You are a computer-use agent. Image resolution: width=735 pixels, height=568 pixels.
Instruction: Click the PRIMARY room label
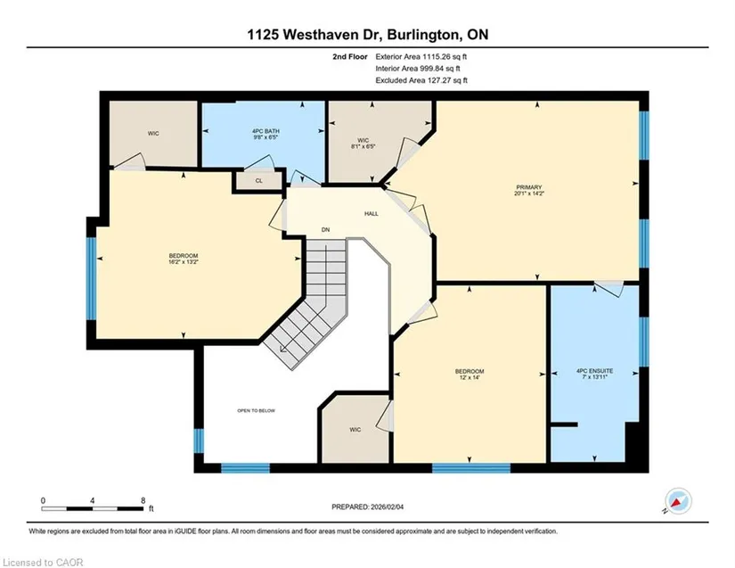tap(529, 187)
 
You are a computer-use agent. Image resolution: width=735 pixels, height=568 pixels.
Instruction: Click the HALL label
tap(372, 214)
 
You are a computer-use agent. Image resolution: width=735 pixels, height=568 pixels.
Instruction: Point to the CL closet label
tap(259, 181)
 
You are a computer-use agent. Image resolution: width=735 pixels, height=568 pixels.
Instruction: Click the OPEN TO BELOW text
tap(256, 411)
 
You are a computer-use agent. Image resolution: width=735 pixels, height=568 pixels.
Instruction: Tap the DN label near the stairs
tap(325, 230)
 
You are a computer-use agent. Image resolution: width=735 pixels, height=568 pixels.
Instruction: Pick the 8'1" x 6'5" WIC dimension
tap(363, 146)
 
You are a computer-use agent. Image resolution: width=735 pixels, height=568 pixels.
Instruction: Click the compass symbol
tap(678, 501)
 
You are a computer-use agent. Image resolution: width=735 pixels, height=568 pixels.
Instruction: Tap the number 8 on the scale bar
tap(143, 500)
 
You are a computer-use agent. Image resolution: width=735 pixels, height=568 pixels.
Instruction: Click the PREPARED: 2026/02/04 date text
tap(367, 507)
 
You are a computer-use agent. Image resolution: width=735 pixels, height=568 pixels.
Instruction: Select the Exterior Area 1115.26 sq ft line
tap(421, 57)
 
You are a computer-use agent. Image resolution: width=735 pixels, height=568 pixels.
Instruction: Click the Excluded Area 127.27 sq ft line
tap(421, 80)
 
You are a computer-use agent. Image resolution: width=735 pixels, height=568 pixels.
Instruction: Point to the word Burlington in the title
tap(426, 35)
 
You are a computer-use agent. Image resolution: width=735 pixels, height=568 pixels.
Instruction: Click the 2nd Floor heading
tap(350, 57)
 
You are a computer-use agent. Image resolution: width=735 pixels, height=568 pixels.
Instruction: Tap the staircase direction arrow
tap(283, 349)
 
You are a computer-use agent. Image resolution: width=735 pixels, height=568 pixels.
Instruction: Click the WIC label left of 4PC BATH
tap(153, 134)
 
